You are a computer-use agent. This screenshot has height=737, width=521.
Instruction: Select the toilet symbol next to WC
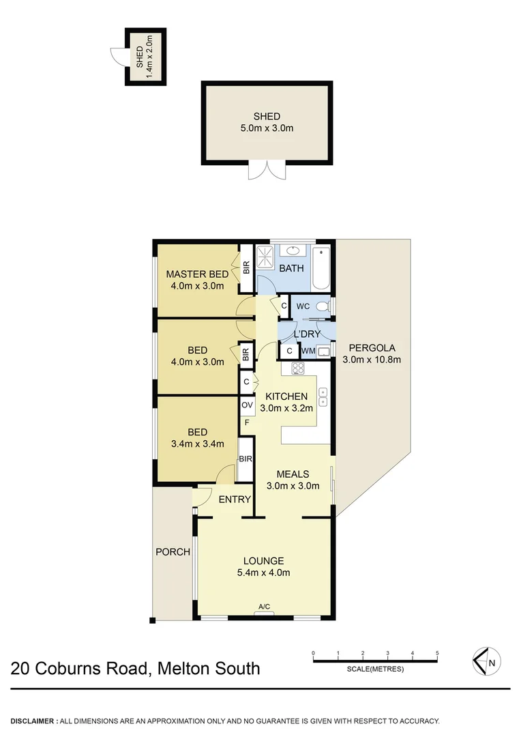point(325,306)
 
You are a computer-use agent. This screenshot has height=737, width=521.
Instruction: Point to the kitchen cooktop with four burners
point(298,369)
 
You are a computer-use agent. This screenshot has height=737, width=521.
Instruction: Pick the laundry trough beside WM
point(325,351)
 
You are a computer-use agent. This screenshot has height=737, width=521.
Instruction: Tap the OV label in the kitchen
point(247,405)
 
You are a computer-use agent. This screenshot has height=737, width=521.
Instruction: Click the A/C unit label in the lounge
point(264,606)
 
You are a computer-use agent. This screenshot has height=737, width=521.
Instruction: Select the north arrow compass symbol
point(487,660)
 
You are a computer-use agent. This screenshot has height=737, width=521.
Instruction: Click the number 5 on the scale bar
point(437,653)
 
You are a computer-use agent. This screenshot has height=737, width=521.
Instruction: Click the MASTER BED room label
point(197,274)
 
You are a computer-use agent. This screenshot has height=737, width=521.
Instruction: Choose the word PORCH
point(172,552)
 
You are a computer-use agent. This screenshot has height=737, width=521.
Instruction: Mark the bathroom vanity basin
point(293,249)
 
